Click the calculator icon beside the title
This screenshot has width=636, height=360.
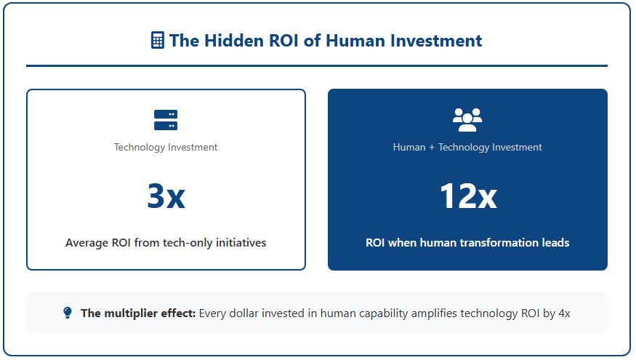click(x=158, y=40)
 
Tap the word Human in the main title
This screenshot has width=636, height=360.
click(x=355, y=41)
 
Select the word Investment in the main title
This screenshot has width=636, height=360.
click(x=436, y=41)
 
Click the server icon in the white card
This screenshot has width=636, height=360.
click(x=166, y=120)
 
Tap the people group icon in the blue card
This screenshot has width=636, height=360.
click(x=467, y=120)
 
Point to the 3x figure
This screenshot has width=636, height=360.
click(x=166, y=196)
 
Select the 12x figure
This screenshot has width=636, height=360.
click(x=468, y=196)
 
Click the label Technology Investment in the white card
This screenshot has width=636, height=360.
click(x=166, y=147)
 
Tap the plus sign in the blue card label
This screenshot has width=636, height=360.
click(x=432, y=148)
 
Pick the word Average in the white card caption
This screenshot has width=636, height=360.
click(x=86, y=243)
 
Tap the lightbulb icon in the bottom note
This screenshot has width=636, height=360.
click(x=68, y=313)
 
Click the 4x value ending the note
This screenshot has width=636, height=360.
click(x=564, y=313)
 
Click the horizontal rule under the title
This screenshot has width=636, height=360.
click(x=317, y=65)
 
